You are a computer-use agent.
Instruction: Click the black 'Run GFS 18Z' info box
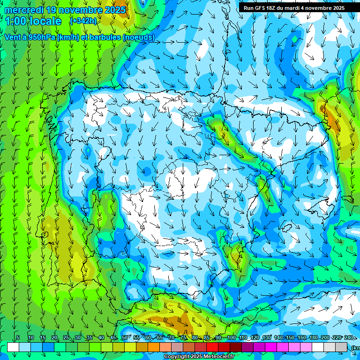pos(294,8)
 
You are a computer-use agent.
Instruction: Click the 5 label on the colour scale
pos(18,337)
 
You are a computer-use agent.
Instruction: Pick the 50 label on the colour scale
pos(124,337)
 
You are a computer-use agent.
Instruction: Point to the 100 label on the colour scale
pos(231,337)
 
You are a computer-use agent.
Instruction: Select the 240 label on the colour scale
pos(349,337)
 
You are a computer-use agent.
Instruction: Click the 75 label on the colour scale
pos(183,337)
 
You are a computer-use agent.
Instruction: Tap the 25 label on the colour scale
pos(66,337)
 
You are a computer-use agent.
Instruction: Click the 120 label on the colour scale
pos(255,337)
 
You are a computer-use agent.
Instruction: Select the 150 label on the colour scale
pos(290,337)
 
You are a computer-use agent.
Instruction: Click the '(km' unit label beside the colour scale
pos(355,347)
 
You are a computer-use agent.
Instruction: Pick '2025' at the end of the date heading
pos(115,10)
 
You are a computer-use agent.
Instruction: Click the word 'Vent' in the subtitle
pos(13,37)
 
